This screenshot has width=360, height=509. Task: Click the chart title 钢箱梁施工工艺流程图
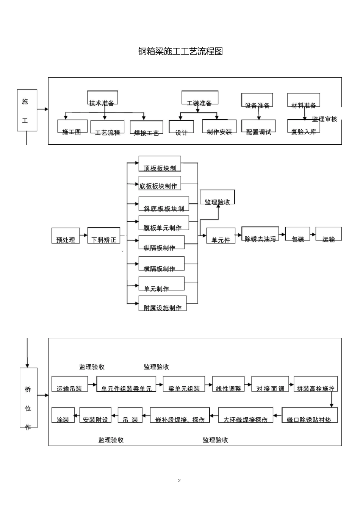tap(180, 52)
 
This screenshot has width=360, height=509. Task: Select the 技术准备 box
tap(102, 98)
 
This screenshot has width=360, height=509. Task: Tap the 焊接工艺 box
tap(146, 128)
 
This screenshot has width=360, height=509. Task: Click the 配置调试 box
tap(258, 127)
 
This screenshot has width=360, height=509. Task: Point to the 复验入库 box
tap(303, 126)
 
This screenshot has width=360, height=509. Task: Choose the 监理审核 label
tap(324, 119)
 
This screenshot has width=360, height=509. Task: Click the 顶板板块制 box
tap(160, 164)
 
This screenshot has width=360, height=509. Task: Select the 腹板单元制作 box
tap(163, 223)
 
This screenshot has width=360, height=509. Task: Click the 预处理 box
tap(66, 236)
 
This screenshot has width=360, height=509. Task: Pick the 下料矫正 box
tap(103, 235)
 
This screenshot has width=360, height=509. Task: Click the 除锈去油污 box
tap(260, 235)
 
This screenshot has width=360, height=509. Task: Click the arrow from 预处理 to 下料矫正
tap(83, 236)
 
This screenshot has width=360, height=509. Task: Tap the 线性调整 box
tap(228, 384)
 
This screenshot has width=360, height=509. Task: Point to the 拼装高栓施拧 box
tap(315, 384)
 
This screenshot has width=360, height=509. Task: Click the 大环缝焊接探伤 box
tap(246, 415)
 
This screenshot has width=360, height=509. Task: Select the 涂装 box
tap(63, 415)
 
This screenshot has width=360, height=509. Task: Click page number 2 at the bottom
tap(179, 481)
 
